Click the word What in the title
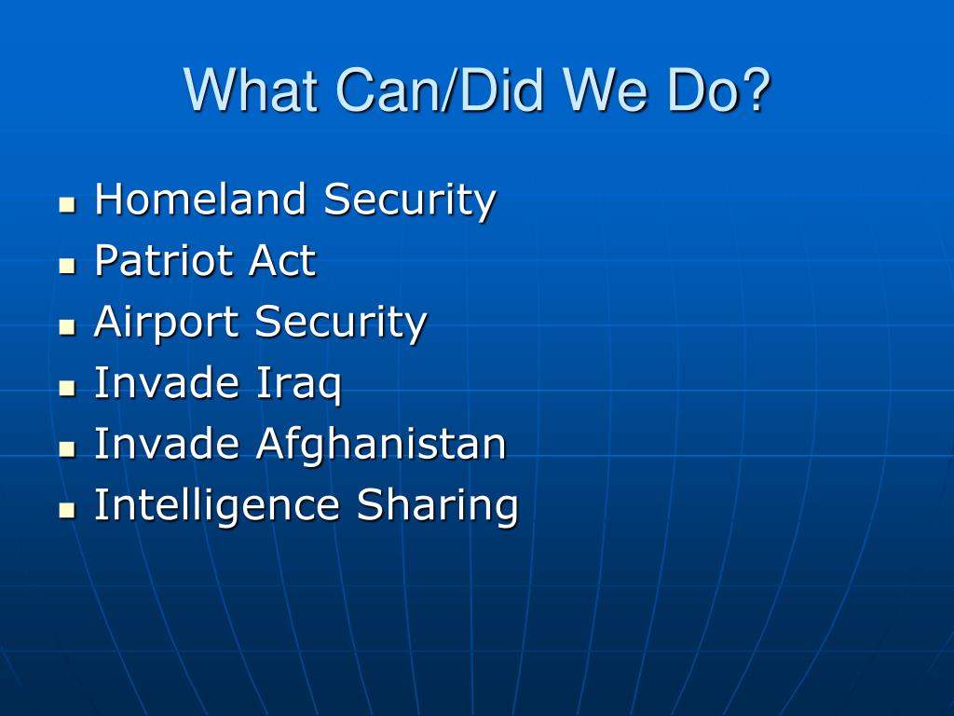click(x=252, y=90)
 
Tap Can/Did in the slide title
click(x=438, y=90)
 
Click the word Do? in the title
click(x=719, y=90)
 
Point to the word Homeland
click(x=200, y=200)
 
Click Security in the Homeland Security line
click(x=410, y=201)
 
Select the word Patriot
click(x=163, y=261)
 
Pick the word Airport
click(x=166, y=323)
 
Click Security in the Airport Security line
click(x=341, y=323)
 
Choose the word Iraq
click(x=298, y=384)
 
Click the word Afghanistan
click(x=381, y=445)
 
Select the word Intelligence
click(x=216, y=506)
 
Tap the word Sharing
click(x=437, y=506)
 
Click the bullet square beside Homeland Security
click(x=67, y=204)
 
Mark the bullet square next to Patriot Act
click(x=67, y=266)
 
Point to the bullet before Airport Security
click(x=67, y=327)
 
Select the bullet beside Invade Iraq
click(x=67, y=389)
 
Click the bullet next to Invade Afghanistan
click(x=67, y=449)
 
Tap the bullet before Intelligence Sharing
click(x=67, y=510)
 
